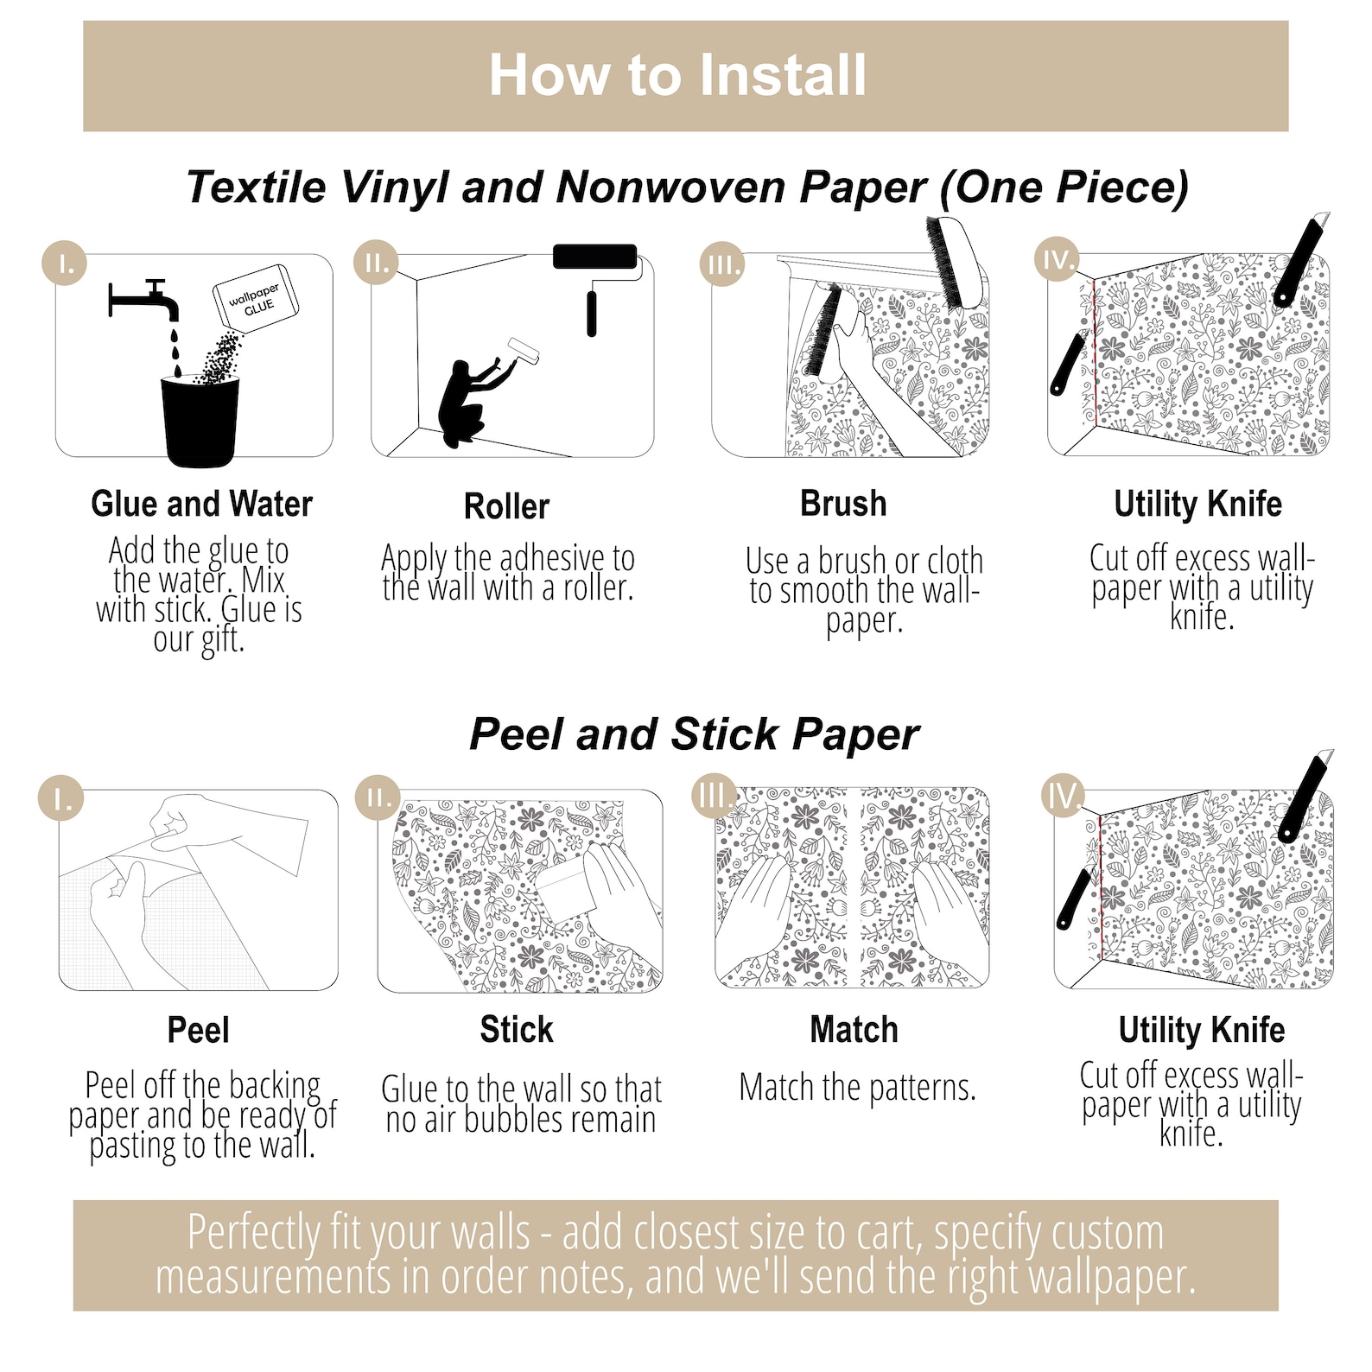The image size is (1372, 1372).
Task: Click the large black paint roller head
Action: (x=594, y=257)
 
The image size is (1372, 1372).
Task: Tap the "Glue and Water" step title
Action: (x=201, y=504)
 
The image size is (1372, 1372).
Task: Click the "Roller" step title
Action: (x=506, y=506)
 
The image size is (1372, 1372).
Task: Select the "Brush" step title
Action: (x=843, y=504)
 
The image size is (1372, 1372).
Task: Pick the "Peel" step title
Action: (x=198, y=1030)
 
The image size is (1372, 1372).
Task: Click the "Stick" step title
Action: (x=517, y=1030)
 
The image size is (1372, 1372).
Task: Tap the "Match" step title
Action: (x=854, y=1030)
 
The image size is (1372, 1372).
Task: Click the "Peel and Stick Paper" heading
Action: (x=694, y=735)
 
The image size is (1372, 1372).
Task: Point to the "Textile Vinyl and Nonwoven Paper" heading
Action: (x=557, y=187)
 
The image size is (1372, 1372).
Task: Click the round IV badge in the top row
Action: (x=1059, y=260)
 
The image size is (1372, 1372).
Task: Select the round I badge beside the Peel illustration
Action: (x=63, y=798)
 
